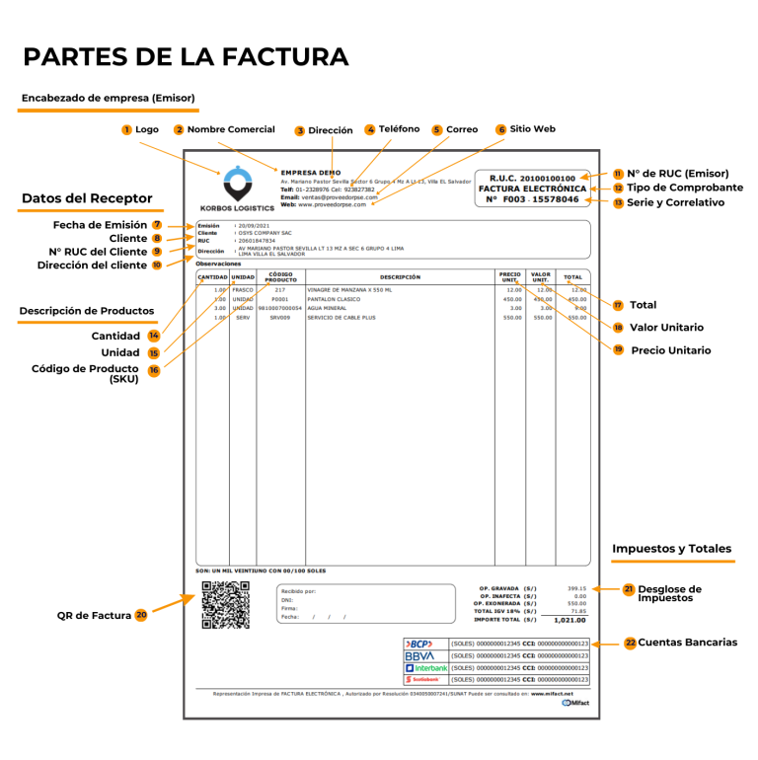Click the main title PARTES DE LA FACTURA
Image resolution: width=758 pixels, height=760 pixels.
point(186,56)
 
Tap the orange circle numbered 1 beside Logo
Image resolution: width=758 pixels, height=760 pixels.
point(126,129)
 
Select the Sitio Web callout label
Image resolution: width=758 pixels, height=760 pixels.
point(532,129)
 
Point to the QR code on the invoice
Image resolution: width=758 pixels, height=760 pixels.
point(225,605)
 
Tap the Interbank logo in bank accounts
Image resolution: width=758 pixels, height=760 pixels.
point(425,668)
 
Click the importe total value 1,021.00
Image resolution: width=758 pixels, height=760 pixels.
point(569,620)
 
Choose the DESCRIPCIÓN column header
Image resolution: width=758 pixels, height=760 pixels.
point(400,277)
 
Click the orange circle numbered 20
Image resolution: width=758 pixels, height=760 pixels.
point(141,615)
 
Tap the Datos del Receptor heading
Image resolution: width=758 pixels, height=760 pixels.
point(87,198)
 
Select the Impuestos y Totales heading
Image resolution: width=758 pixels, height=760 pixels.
point(671,549)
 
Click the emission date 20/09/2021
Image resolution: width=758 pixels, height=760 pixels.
point(257,225)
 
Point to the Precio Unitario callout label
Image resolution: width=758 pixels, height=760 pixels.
point(670,350)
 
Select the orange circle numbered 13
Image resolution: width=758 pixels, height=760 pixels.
point(619,202)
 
